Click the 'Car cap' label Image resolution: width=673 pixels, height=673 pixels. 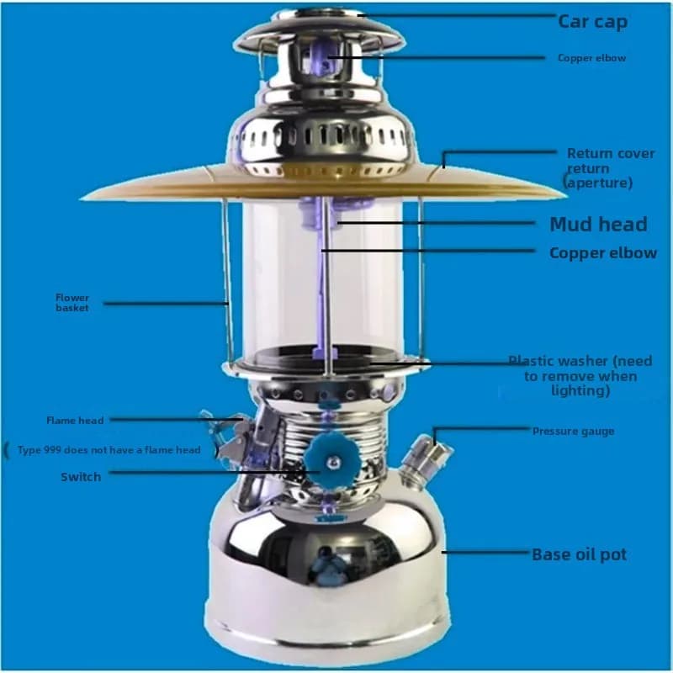592,22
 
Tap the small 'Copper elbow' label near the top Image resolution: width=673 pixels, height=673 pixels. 592,58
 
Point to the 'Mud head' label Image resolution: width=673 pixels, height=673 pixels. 598,224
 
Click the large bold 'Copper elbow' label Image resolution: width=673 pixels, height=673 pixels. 603,253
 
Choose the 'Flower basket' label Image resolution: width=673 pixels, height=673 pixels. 72,303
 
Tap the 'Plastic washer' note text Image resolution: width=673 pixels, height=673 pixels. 580,375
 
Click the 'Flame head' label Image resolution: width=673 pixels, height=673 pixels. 75,420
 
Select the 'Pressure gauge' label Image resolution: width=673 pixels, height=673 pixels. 573,432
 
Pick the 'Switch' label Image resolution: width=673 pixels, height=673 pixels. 81,477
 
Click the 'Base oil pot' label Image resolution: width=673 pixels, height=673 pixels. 580,554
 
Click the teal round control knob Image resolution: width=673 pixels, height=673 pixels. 332,462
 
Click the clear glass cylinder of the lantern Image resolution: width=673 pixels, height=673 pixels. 323,279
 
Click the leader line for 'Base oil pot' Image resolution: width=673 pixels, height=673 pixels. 487,553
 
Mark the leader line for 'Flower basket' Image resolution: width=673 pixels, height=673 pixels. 166,304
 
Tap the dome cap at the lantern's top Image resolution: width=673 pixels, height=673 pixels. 320,32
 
